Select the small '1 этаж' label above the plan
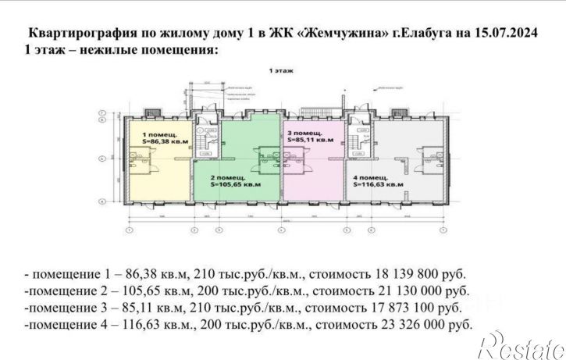282,70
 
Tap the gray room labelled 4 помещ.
398,168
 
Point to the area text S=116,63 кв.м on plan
378,186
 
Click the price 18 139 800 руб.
421,275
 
